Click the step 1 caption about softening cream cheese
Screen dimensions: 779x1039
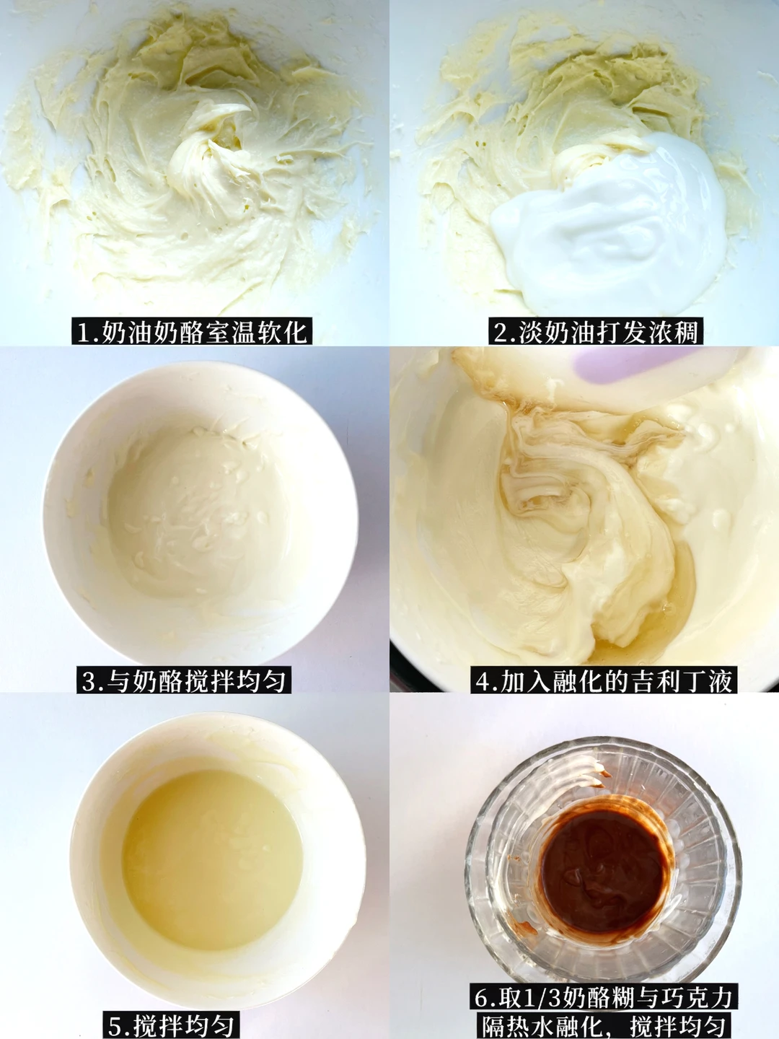[x=192, y=331]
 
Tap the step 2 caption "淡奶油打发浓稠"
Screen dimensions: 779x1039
[x=596, y=331]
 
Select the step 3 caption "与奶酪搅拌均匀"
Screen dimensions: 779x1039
[x=183, y=680]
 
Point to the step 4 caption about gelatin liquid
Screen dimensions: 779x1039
[x=604, y=680]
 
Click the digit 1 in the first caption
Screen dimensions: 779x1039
[x=83, y=331]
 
